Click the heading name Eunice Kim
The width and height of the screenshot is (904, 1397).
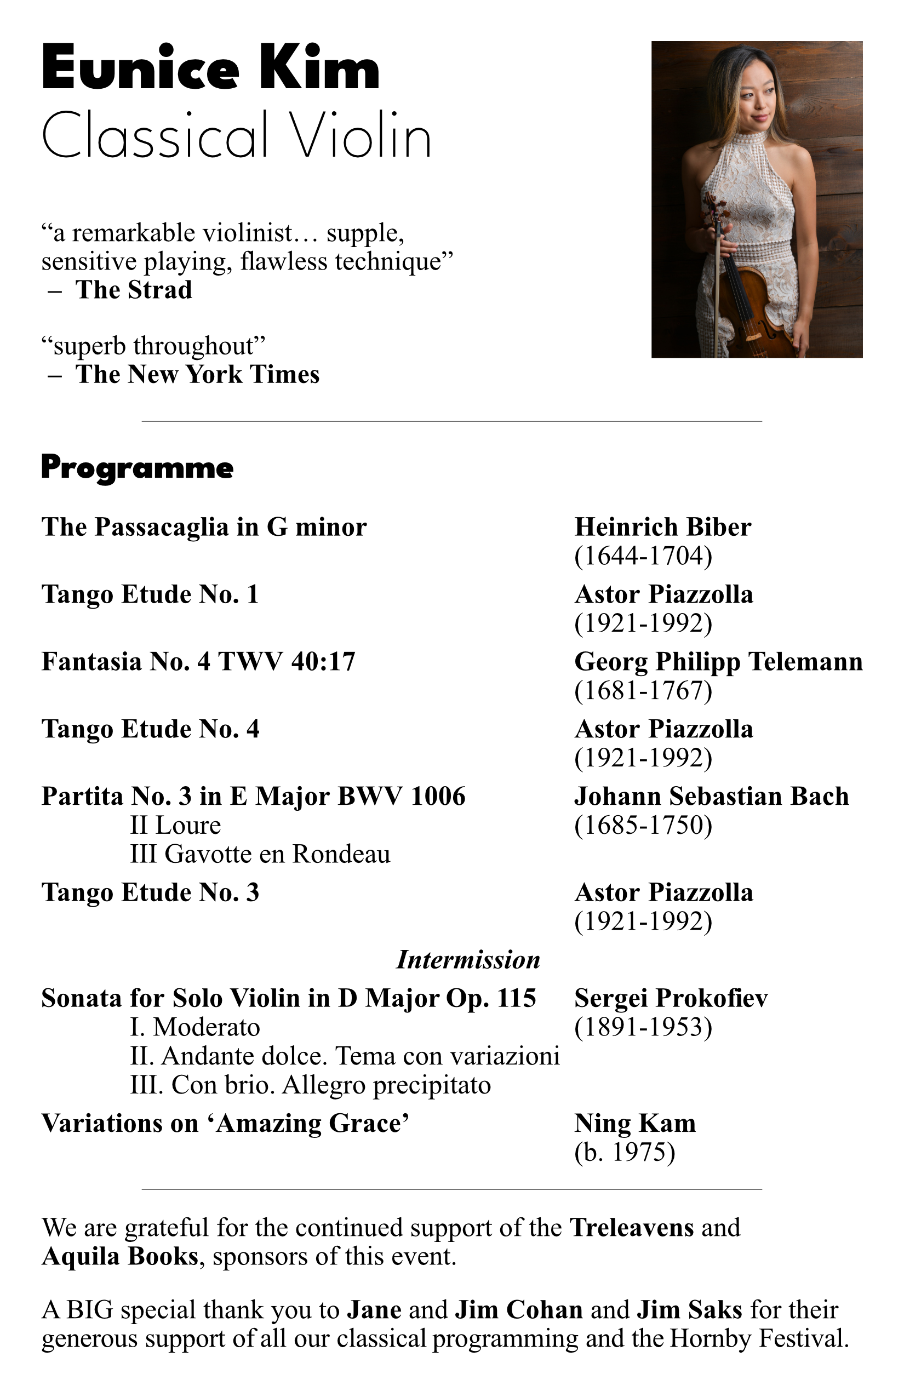coord(211,68)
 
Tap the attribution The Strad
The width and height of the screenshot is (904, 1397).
coord(133,290)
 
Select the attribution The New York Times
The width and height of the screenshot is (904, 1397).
coord(197,375)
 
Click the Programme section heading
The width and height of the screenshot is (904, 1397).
coord(138,468)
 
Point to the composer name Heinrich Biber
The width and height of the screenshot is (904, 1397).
coord(662,527)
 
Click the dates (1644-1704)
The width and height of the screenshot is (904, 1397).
coord(643,556)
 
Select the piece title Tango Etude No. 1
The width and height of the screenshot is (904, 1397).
coord(150,594)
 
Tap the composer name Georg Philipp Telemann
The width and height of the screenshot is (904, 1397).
coord(718,662)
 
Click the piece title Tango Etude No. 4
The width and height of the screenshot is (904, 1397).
coord(150,730)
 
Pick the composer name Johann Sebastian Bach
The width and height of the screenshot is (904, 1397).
coord(712,797)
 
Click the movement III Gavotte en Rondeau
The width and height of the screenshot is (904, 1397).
coord(260,854)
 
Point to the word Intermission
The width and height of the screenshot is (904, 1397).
coord(468,960)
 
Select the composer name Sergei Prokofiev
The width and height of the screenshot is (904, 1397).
coord(671,998)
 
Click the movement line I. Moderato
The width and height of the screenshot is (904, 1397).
coord(195,1027)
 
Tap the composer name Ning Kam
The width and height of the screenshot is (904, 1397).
coord(634,1124)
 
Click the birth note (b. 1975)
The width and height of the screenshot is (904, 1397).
coord(625,1152)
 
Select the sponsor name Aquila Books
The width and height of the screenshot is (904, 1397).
coord(120,1257)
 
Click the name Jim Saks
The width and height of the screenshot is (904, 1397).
coord(689,1310)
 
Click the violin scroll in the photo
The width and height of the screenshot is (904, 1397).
coord(712,203)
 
